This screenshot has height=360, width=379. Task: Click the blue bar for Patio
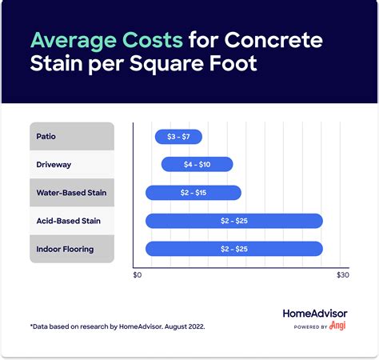click(178, 137)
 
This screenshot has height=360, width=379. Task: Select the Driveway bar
click(197, 165)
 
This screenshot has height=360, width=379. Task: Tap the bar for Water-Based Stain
click(193, 193)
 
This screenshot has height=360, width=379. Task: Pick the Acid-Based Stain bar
click(233, 221)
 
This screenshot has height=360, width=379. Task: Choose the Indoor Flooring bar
click(233, 249)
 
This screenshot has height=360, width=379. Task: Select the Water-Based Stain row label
click(71, 193)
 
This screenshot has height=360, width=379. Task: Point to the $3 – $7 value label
click(178, 137)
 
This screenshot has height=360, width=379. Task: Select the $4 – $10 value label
click(197, 165)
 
